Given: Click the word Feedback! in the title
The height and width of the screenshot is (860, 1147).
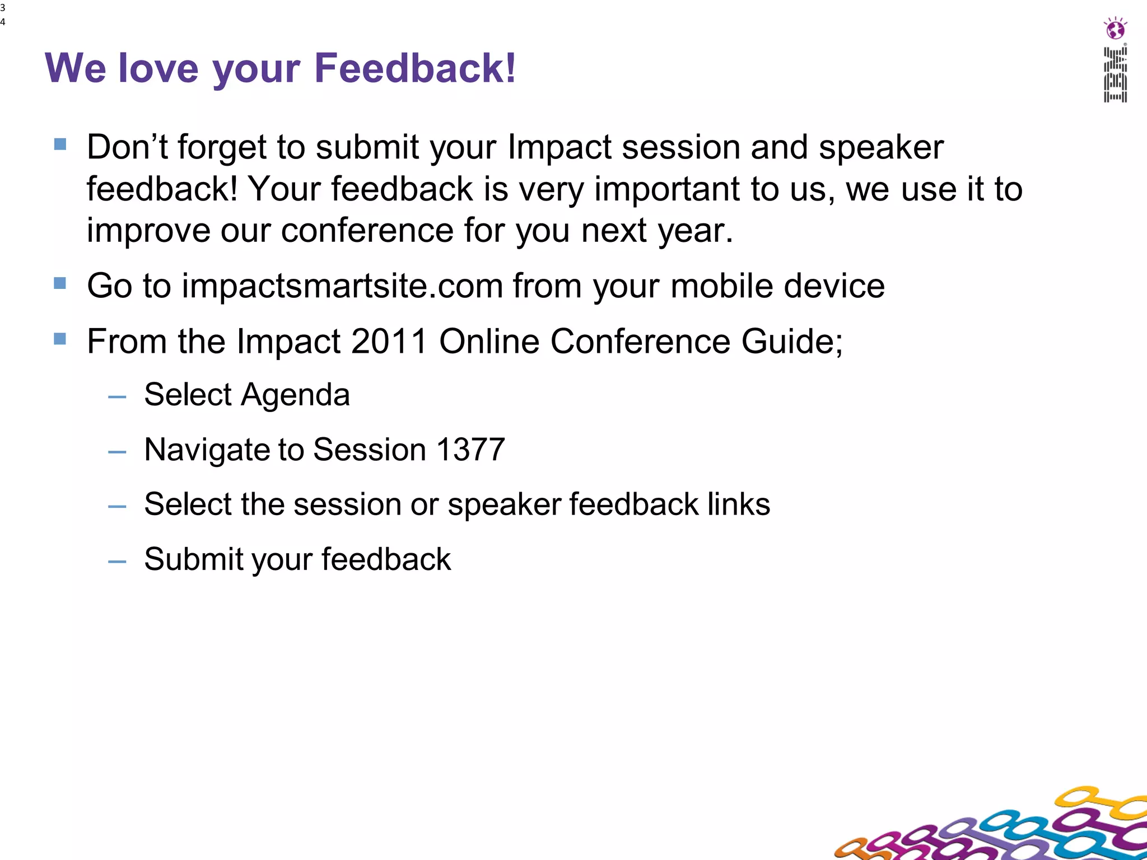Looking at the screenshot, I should tap(414, 68).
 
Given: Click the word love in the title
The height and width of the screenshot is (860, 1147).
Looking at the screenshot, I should tap(158, 68).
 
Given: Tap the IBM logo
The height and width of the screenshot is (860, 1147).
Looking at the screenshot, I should tap(1115, 75).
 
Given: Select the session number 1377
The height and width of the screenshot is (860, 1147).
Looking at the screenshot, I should tap(470, 449).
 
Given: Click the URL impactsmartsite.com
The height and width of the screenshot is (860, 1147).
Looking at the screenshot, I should tap(342, 286).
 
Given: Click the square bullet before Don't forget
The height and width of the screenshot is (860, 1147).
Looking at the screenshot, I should tap(60, 145).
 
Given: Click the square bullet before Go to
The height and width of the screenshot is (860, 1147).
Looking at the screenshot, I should tap(60, 283).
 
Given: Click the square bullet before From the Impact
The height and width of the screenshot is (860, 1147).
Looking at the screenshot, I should tap(60, 339).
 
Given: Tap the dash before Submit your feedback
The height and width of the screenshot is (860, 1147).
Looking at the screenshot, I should tap(117, 562).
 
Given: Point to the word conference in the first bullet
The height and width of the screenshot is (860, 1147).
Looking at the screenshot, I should tap(367, 230).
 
